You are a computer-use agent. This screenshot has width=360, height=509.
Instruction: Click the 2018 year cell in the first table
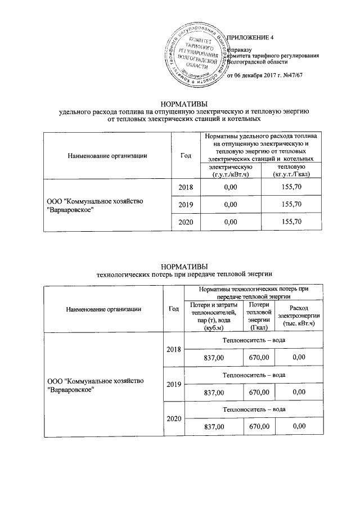point(186,187)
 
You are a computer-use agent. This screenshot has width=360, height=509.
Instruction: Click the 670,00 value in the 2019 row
point(259,391)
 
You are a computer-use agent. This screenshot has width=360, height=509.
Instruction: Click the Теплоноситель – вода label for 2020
point(254,409)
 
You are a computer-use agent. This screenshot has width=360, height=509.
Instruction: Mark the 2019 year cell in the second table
point(173,384)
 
